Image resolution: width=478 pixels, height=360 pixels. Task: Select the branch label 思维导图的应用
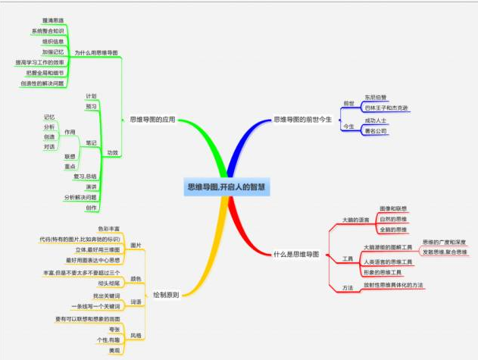pyautogui.click(x=152, y=120)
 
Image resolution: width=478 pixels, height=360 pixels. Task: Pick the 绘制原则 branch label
pyautogui.click(x=165, y=294)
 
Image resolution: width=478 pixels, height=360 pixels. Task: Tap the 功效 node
pyautogui.click(x=113, y=152)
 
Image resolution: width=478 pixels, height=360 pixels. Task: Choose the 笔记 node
pyautogui.click(x=91, y=142)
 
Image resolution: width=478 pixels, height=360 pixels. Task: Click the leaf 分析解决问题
pyautogui.click(x=80, y=197)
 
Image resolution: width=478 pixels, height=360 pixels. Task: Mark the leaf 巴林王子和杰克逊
pyautogui.click(x=386, y=108)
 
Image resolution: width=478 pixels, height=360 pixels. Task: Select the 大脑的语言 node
pyautogui.click(x=356, y=220)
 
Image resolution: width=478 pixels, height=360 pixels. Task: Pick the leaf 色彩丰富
pyautogui.click(x=110, y=228)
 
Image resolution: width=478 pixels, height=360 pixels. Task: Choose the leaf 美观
pyautogui.click(x=114, y=351)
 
